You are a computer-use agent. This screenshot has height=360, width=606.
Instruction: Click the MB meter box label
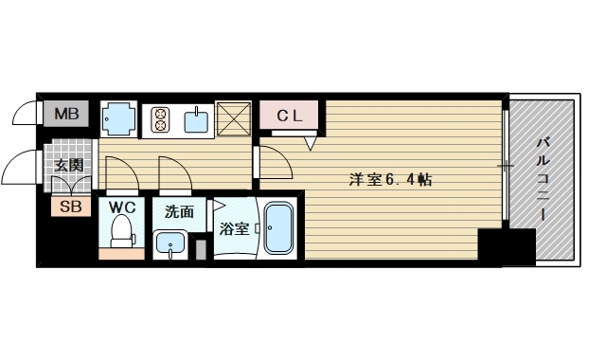[x=66, y=114]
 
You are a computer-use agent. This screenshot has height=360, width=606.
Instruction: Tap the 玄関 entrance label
[x=69, y=166]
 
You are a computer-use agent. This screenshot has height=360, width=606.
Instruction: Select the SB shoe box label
[x=71, y=207]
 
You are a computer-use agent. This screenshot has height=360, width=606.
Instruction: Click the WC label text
[x=122, y=207]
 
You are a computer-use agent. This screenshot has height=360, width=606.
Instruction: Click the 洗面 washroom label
[x=179, y=211]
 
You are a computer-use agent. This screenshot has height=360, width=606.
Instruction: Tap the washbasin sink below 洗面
[x=170, y=244]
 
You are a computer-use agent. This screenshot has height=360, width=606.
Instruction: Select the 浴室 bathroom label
[x=234, y=229]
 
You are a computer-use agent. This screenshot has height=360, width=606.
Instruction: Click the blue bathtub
[x=278, y=228]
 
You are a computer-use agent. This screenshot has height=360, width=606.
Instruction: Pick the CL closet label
[x=290, y=116]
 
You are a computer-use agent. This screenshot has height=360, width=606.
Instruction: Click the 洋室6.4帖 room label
[x=390, y=179]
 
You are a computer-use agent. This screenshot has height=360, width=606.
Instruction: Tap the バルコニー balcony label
[x=543, y=179]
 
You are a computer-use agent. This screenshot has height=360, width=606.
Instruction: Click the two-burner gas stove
[x=161, y=119]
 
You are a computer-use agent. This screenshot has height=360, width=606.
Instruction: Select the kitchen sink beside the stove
[x=196, y=121]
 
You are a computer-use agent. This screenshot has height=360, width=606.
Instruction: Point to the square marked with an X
[x=234, y=119]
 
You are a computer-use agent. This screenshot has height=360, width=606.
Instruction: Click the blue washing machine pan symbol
[x=118, y=118]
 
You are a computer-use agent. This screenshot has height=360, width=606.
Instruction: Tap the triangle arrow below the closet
[x=311, y=143]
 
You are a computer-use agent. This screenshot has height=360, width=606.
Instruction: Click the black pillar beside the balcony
[x=507, y=247]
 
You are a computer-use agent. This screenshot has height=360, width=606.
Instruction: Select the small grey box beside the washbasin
[x=201, y=250]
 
